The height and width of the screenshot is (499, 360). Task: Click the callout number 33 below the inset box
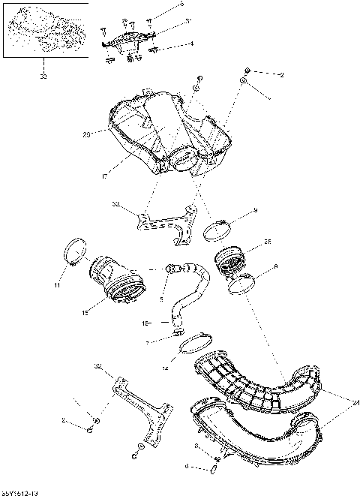[x=43, y=76]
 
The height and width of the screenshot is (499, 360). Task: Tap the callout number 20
[x=86, y=134]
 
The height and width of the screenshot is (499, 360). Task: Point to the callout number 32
[x=116, y=203]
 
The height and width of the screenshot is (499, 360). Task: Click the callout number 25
[x=268, y=242]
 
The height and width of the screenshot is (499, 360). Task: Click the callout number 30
[x=97, y=366]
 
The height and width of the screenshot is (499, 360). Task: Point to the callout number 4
[x=191, y=44]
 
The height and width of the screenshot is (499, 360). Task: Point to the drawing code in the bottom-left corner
[x=20, y=494]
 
